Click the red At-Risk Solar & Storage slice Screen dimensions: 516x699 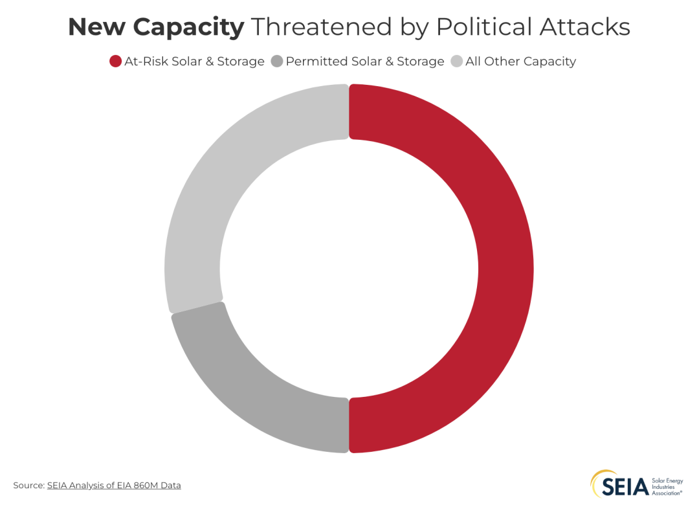coord(505,269)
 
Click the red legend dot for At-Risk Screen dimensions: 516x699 coord(115,62)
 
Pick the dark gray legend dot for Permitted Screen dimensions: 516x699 coord(277,62)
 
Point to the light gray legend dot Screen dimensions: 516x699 coord(456,62)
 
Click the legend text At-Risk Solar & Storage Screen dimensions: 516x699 coord(194,62)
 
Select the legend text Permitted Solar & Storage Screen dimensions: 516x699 coord(365,62)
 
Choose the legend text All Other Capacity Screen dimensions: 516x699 coord(520,62)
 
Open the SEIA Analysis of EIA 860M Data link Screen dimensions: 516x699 coord(114,485)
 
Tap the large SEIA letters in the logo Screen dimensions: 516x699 coord(625,486)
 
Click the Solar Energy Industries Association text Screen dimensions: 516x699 coord(667,484)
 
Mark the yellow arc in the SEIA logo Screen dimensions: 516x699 coord(596,479)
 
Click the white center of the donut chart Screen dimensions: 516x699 coord(349,269)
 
